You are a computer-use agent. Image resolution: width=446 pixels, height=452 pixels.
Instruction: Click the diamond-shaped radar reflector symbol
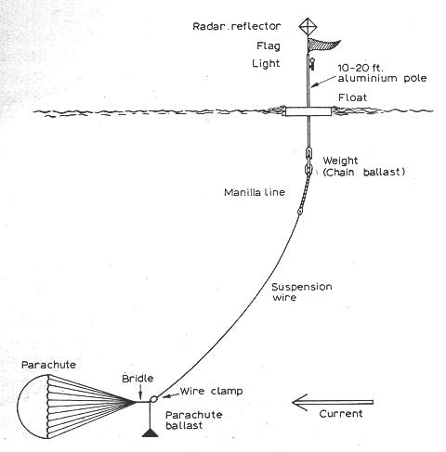(308, 26)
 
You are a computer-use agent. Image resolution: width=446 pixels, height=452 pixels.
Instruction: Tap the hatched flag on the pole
(322, 45)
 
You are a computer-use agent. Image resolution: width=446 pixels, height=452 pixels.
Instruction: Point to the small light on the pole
(312, 64)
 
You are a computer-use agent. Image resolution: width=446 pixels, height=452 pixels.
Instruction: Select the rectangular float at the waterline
(308, 111)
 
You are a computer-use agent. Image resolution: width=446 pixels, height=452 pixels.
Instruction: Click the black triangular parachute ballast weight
(151, 433)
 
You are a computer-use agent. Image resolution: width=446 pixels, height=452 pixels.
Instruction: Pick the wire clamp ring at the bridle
(153, 399)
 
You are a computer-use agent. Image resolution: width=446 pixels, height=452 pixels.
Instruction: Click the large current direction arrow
(333, 402)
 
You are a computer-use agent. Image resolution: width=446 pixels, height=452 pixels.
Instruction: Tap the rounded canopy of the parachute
(33, 407)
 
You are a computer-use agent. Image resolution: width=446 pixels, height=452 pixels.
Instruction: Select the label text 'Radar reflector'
(237, 26)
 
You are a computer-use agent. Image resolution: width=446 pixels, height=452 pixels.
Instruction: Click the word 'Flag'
(269, 46)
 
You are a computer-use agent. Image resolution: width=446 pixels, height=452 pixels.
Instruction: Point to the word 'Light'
(266, 64)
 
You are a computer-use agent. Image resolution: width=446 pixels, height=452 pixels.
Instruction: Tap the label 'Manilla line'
(255, 192)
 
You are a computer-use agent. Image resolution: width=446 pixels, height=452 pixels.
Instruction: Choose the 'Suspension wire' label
(302, 292)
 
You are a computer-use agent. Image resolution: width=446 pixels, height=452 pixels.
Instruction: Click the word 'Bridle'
(138, 379)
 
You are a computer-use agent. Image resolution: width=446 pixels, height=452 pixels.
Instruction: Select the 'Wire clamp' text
(212, 392)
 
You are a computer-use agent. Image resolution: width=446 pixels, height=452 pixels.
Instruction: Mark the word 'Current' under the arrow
(341, 414)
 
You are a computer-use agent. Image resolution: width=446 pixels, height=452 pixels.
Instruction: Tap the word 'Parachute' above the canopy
(48, 365)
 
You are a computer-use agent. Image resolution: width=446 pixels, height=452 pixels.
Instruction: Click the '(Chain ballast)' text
(364, 172)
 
